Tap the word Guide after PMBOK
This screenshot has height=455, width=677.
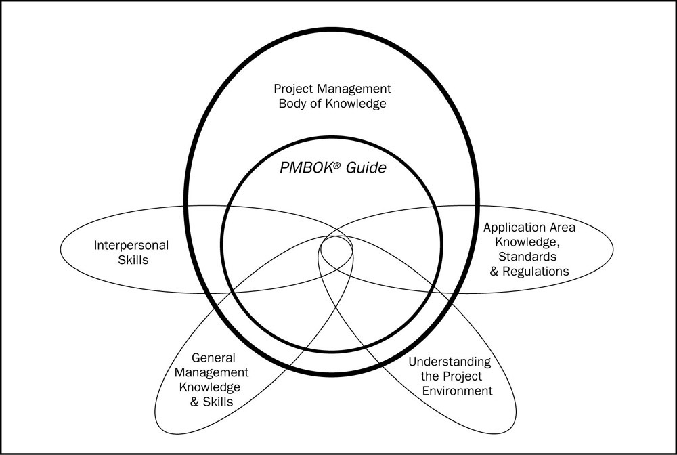click(x=366, y=168)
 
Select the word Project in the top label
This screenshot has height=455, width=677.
click(x=292, y=89)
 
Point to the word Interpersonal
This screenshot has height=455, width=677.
click(x=131, y=244)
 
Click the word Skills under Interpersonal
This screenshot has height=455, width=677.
click(x=131, y=259)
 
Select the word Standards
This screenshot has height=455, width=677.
click(x=527, y=257)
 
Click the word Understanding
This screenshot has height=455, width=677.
click(x=449, y=362)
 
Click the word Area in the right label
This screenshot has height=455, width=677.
click(x=561, y=227)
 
